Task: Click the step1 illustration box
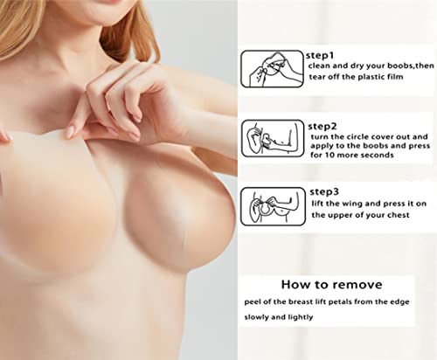(x=272, y=68)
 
